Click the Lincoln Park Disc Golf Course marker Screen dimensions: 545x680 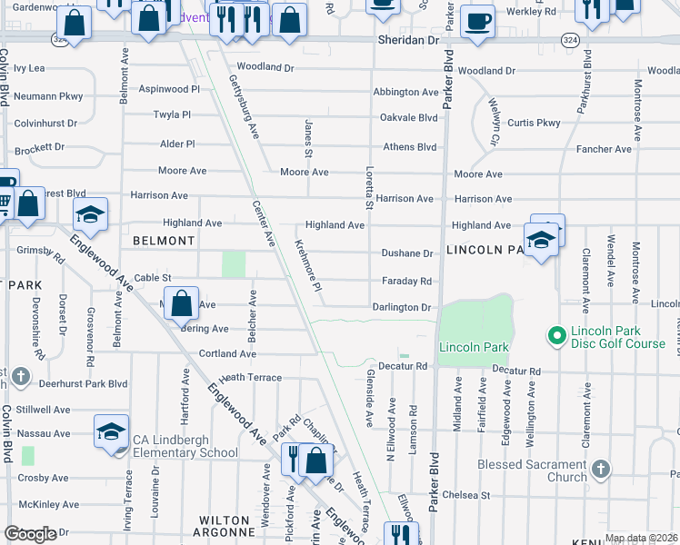pos(556,337)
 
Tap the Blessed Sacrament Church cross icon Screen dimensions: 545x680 pos(600,470)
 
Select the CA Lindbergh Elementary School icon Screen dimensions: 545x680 pos(111,432)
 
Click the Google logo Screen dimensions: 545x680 pos(31,534)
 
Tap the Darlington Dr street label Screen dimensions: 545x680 pos(401,308)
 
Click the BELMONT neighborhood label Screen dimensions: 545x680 pos(164,241)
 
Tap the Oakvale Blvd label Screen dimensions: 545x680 pos(408,117)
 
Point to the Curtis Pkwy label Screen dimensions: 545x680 pos(534,123)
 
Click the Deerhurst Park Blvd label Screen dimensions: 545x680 pos(79,383)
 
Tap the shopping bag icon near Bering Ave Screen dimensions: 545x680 pos(182,303)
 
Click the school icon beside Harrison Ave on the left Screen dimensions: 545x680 pos(90,215)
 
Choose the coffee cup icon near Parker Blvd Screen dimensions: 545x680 pos(476,20)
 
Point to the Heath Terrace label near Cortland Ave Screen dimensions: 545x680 pos(250,377)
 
